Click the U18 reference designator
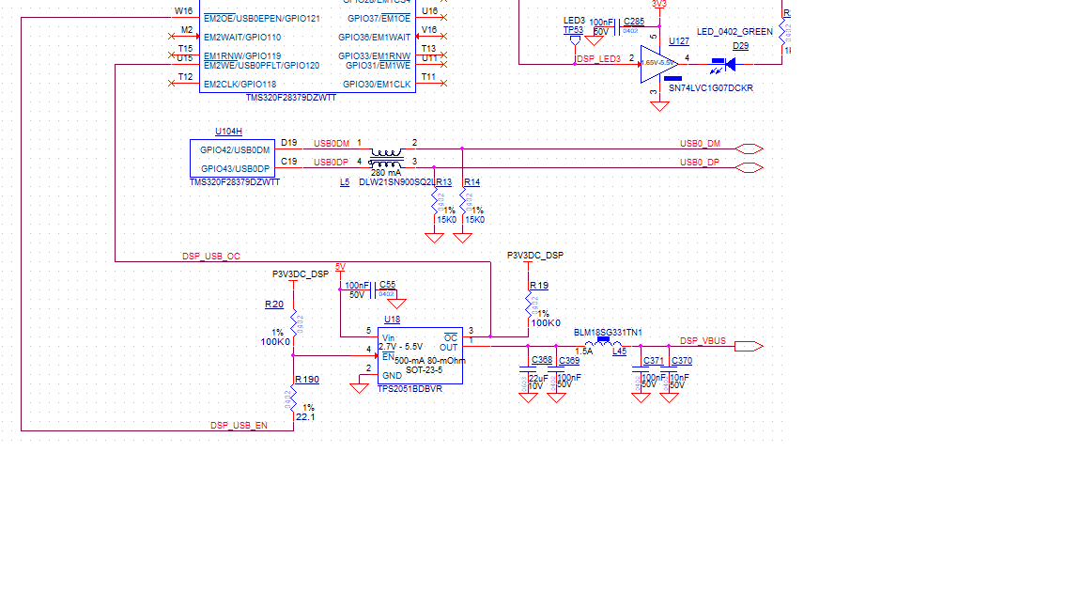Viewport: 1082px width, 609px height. (392, 320)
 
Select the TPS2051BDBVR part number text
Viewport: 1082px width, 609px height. (410, 388)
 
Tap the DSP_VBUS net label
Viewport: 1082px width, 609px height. (703, 340)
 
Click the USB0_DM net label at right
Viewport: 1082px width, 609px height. (701, 143)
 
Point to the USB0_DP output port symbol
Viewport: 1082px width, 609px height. (750, 168)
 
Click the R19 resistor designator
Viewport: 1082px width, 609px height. (539, 285)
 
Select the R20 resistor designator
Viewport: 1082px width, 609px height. (274, 304)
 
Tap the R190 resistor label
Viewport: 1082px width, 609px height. (307, 380)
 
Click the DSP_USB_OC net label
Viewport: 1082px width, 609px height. (210, 256)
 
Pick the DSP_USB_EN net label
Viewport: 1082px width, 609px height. (239, 426)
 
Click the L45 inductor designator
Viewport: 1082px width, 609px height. (619, 351)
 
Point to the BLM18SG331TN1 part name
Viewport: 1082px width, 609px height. (608, 332)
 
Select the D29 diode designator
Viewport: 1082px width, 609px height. (740, 45)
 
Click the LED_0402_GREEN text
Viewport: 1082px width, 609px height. (734, 31)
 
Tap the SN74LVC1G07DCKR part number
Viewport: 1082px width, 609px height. (710, 87)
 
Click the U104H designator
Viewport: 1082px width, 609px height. (228, 132)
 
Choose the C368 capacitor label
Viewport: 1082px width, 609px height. (542, 360)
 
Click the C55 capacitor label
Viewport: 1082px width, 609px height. (387, 285)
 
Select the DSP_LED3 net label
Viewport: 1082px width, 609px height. (598, 58)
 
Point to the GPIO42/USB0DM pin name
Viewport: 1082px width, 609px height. (235, 149)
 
